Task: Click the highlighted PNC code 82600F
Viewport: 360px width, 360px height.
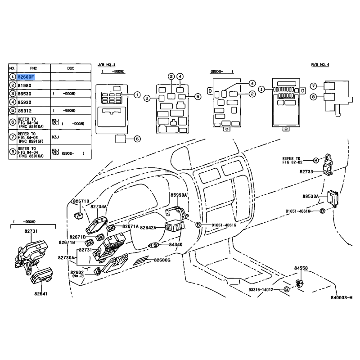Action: (x=26, y=77)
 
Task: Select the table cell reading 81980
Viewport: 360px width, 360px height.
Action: (x=24, y=85)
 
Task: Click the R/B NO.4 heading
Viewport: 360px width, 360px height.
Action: (x=320, y=65)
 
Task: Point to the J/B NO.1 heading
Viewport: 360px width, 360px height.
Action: (x=107, y=65)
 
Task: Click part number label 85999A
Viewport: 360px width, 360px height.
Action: (x=179, y=195)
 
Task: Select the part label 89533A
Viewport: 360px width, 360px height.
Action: (x=310, y=196)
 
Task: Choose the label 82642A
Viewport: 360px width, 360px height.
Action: (x=148, y=228)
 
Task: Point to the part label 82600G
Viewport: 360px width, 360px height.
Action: (x=162, y=260)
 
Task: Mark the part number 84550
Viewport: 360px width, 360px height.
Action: (x=301, y=268)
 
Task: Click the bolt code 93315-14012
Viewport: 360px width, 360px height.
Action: (x=261, y=289)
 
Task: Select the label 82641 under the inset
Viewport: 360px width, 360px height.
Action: (x=40, y=294)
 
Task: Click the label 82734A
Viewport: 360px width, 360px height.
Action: (x=99, y=207)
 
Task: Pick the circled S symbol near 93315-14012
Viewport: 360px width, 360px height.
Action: (x=286, y=289)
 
